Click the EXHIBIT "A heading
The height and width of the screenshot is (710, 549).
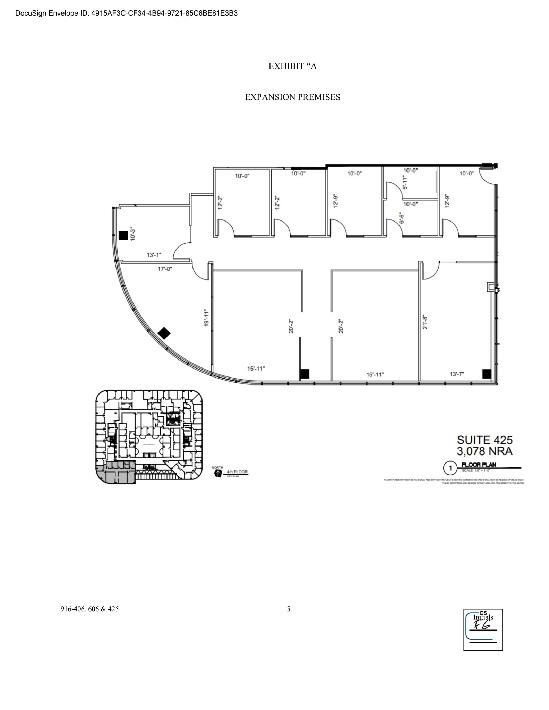[x=292, y=66]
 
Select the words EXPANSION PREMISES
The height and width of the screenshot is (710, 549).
[x=292, y=97]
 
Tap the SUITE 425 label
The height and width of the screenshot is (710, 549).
[x=484, y=440]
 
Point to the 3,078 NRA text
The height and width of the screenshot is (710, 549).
[x=484, y=451]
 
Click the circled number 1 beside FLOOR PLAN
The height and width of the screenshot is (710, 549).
[x=450, y=469]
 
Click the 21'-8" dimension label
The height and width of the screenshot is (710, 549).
[x=425, y=322]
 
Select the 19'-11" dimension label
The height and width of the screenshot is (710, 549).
[x=206, y=318]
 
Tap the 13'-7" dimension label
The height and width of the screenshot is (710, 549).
[x=457, y=374]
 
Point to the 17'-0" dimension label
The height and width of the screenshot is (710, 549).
[x=165, y=269]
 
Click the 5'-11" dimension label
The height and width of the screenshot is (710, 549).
[x=405, y=182]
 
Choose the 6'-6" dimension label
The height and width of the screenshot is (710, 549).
[x=402, y=218]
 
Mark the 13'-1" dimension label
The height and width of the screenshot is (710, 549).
[x=154, y=255]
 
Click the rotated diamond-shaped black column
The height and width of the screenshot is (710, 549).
[x=164, y=334]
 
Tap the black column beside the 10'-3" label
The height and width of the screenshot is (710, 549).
[x=123, y=235]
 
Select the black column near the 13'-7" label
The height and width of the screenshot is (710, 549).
[x=487, y=374]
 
